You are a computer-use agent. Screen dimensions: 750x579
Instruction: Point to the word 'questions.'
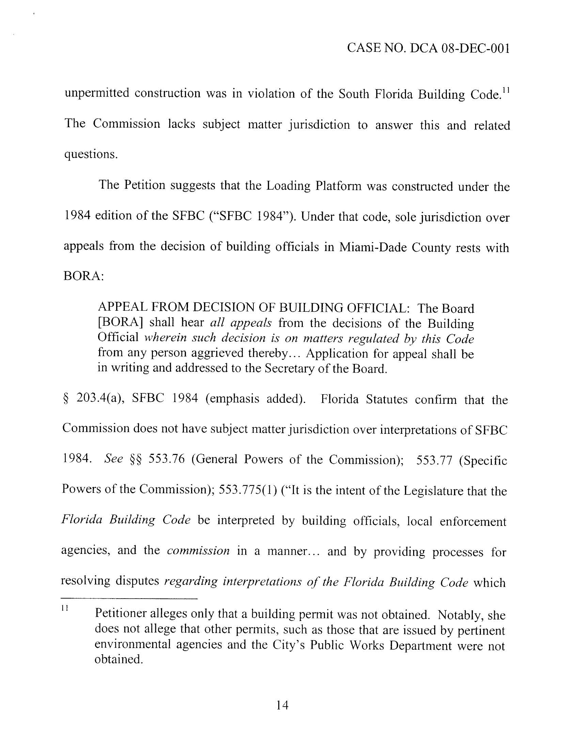pyautogui.click(x=91, y=155)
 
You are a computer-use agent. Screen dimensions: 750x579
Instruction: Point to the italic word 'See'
pyautogui.click(x=113, y=459)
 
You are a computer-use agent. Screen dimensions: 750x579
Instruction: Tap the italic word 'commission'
pyautogui.click(x=198, y=551)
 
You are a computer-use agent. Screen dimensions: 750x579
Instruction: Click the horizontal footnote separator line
pyautogui.click(x=129, y=599)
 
